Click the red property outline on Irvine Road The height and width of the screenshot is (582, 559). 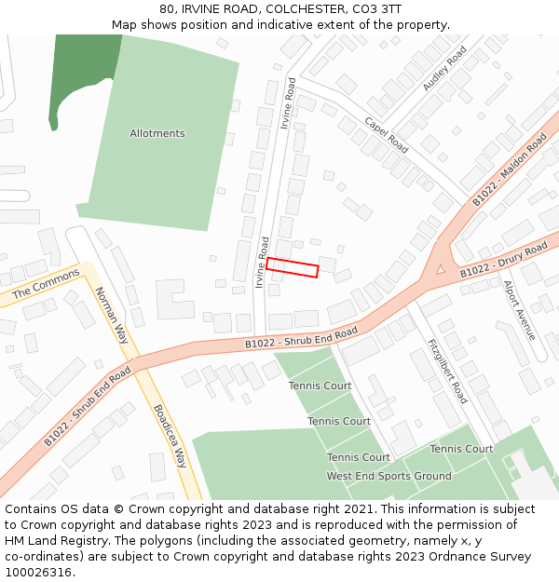pos(293,268)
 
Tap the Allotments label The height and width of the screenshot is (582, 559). pos(157,133)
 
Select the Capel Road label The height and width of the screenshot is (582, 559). pos(386,135)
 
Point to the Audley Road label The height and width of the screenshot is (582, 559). pos(444,69)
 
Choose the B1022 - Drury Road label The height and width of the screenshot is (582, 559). pos(504,262)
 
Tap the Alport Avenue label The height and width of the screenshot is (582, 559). pos(520,310)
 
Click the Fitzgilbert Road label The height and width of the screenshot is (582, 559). pos(447,370)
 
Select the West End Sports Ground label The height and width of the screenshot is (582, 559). pos(389,476)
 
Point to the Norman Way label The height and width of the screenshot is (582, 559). pos(111,315)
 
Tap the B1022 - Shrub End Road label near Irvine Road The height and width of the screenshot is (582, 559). pos(301,339)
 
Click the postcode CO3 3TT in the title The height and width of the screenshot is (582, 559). pos(382,8)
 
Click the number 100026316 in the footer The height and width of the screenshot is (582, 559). pos(39,573)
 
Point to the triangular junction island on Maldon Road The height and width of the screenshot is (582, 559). pos(440,269)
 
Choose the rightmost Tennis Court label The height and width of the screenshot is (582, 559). pos(461,449)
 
